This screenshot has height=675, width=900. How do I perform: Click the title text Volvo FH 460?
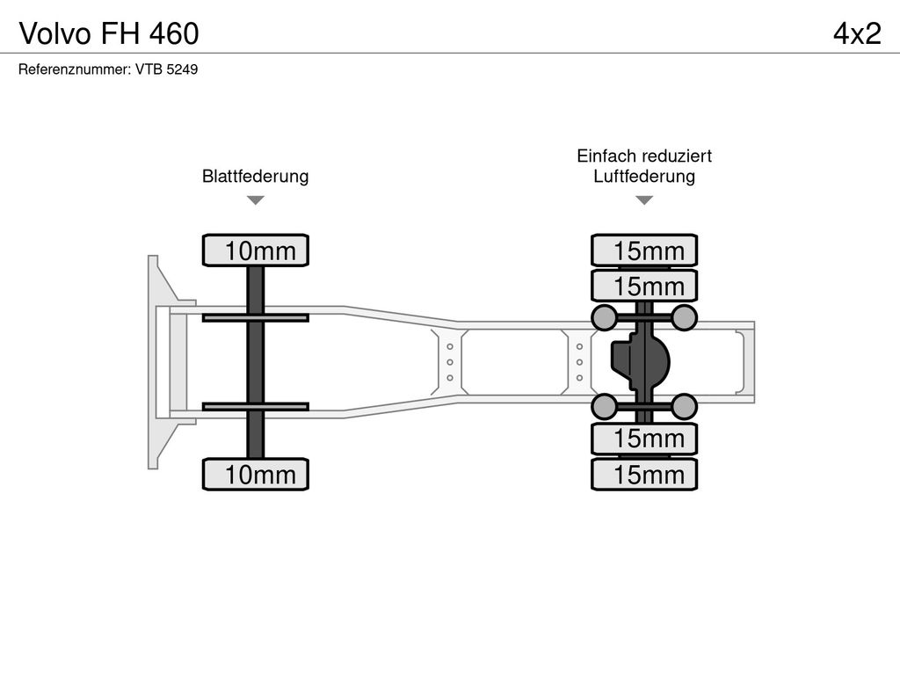(x=109, y=33)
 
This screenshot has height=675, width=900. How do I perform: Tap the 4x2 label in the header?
(x=857, y=33)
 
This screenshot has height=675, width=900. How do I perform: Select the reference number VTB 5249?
(x=166, y=69)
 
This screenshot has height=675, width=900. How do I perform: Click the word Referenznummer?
(x=73, y=69)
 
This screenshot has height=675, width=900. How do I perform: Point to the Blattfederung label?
(x=256, y=176)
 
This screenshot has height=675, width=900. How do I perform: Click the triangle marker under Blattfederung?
(x=256, y=200)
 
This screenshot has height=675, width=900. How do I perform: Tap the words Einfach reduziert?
(x=644, y=156)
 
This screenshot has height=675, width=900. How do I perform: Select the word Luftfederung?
(x=644, y=176)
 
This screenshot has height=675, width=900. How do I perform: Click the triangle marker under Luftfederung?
(x=644, y=200)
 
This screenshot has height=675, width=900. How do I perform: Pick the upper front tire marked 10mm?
(x=256, y=250)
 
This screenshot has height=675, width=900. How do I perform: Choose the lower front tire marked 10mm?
(x=256, y=474)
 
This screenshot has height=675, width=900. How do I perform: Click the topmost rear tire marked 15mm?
(x=644, y=250)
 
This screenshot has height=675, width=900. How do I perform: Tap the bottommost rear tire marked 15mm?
(x=644, y=474)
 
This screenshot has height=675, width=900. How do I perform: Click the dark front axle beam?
(x=256, y=362)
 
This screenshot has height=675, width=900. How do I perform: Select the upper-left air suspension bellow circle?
(x=605, y=317)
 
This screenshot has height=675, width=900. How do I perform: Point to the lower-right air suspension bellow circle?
(x=684, y=407)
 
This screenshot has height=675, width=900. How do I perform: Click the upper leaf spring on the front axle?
(x=256, y=317)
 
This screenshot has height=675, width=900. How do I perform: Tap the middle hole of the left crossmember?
(x=450, y=362)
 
